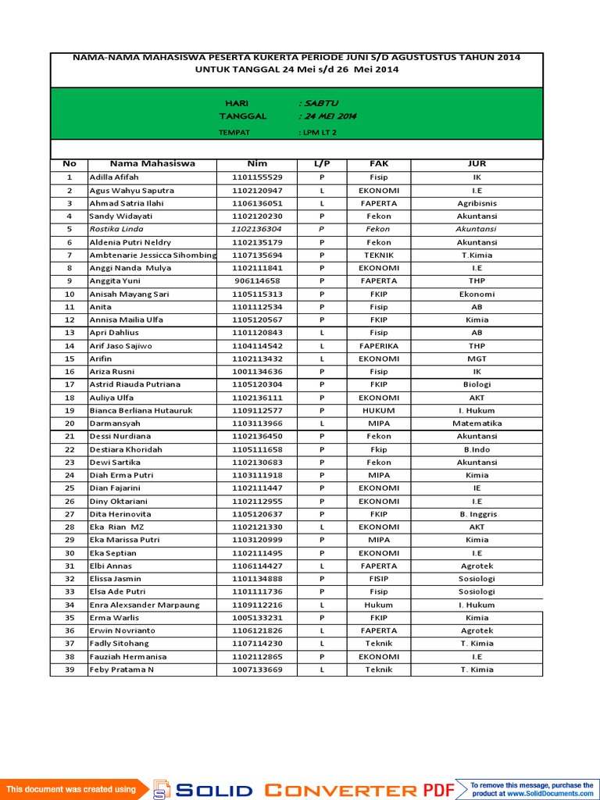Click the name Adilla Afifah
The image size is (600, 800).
click(x=114, y=177)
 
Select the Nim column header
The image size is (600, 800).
click(x=257, y=164)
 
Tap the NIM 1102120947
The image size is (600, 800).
click(x=257, y=191)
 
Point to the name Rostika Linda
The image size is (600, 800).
click(x=116, y=229)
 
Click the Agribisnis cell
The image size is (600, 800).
click(x=477, y=203)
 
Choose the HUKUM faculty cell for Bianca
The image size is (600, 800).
click(x=379, y=410)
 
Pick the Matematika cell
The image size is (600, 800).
click(x=477, y=423)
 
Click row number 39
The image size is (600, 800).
click(x=70, y=670)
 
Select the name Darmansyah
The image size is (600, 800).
click(x=115, y=423)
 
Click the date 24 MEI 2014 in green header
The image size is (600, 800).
click(x=329, y=116)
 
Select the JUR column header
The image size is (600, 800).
click(x=477, y=164)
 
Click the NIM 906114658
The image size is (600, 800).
click(x=257, y=280)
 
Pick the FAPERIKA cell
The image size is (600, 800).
click(x=379, y=345)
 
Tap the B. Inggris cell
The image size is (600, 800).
click(x=477, y=514)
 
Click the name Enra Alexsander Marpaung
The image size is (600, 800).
click(x=145, y=605)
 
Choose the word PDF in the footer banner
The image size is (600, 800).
click(x=439, y=790)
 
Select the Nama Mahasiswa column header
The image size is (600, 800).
click(x=152, y=164)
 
